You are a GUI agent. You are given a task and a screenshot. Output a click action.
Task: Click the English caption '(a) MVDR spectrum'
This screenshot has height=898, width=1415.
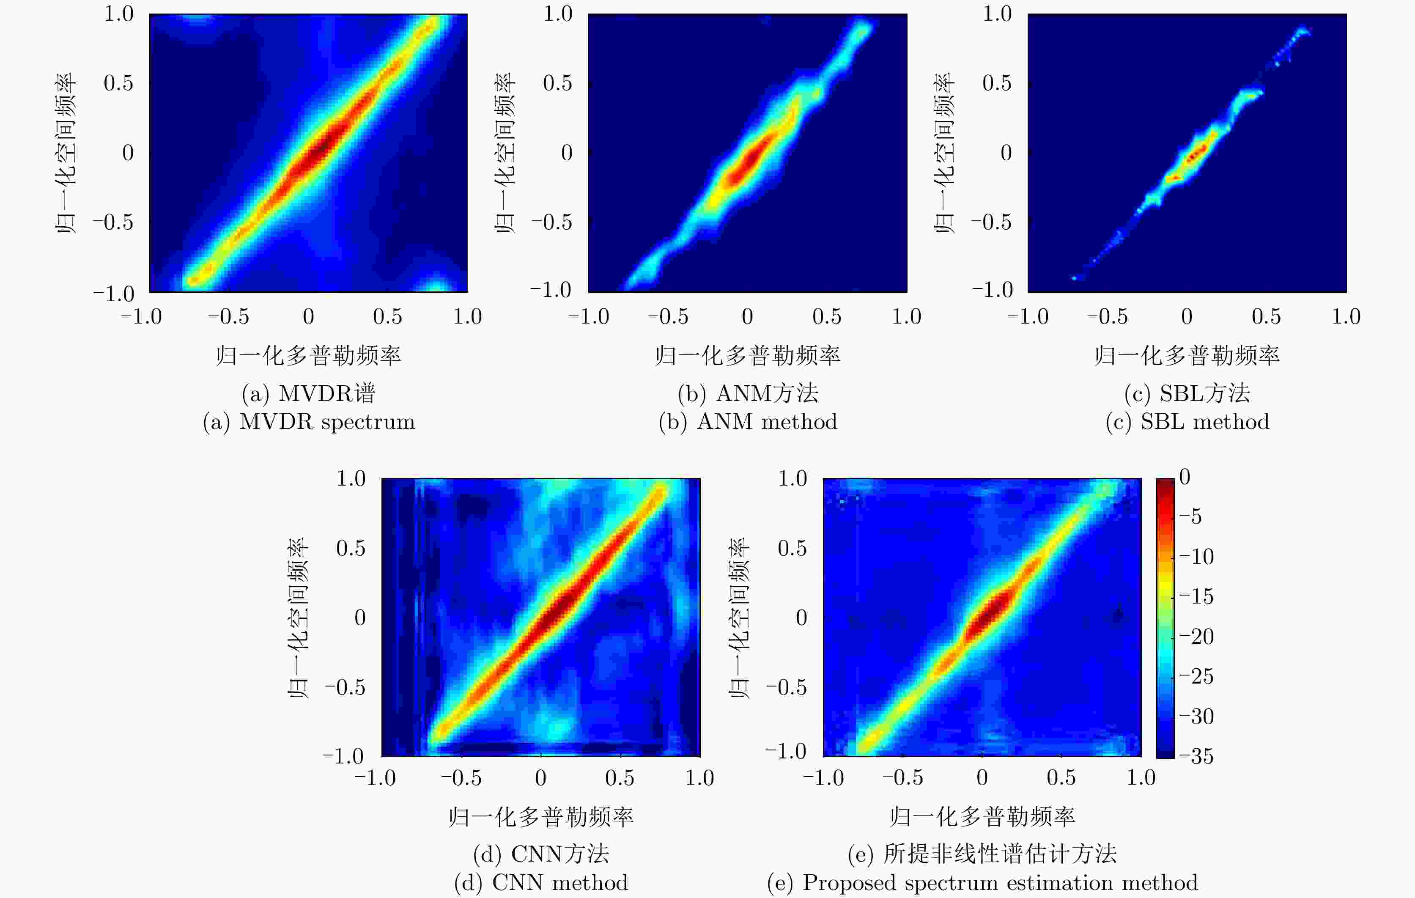[309, 422]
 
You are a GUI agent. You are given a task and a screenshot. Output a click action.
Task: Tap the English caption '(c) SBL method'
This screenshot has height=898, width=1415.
[1187, 422]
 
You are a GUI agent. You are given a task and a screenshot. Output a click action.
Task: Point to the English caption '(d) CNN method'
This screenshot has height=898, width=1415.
[540, 883]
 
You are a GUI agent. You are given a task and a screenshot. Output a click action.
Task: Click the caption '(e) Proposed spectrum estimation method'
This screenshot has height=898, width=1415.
[982, 883]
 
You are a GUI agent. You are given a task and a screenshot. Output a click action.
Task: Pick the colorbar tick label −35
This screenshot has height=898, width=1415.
[1196, 756]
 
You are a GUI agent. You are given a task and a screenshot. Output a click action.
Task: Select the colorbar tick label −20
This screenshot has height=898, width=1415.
[1196, 637]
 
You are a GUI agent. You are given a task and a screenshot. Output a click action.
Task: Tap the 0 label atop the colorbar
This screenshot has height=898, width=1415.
[1185, 477]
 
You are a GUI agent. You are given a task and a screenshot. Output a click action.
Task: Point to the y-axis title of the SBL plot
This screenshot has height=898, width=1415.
[944, 153]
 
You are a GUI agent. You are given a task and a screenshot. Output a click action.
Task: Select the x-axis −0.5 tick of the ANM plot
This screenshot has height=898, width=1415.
[668, 317]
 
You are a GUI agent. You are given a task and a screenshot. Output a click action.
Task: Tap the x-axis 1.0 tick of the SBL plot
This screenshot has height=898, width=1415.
[1346, 317]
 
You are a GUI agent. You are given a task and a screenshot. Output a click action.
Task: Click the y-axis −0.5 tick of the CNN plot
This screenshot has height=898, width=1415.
[344, 687]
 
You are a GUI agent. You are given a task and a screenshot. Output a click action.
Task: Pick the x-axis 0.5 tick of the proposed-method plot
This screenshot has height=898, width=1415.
[1061, 777]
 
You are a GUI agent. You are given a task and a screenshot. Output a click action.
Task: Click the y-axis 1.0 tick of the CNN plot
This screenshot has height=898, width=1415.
[351, 478]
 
